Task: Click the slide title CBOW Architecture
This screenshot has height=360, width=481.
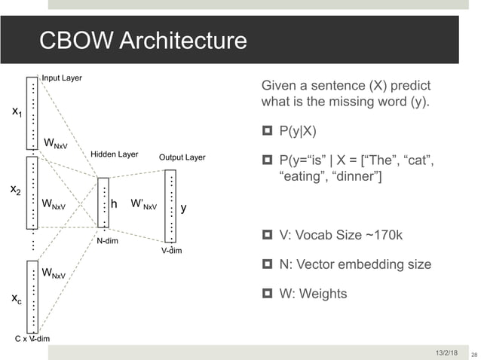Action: click(x=143, y=40)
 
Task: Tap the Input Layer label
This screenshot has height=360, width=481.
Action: click(x=62, y=78)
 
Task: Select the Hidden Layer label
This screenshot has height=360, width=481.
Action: click(x=114, y=154)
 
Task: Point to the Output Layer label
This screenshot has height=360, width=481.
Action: click(x=182, y=157)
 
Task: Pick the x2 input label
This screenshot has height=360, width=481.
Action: click(x=15, y=191)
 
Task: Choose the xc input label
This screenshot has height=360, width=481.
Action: click(x=16, y=300)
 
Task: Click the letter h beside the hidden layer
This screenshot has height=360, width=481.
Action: click(x=114, y=203)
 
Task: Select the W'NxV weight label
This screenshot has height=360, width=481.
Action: click(x=144, y=203)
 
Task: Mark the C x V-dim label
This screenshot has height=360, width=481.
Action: click(x=33, y=339)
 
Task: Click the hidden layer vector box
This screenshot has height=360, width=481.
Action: click(x=103, y=202)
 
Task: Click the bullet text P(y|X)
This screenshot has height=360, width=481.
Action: click(x=299, y=131)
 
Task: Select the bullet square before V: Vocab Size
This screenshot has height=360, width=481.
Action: click(x=266, y=236)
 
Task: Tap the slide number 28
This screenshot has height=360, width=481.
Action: click(x=473, y=353)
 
